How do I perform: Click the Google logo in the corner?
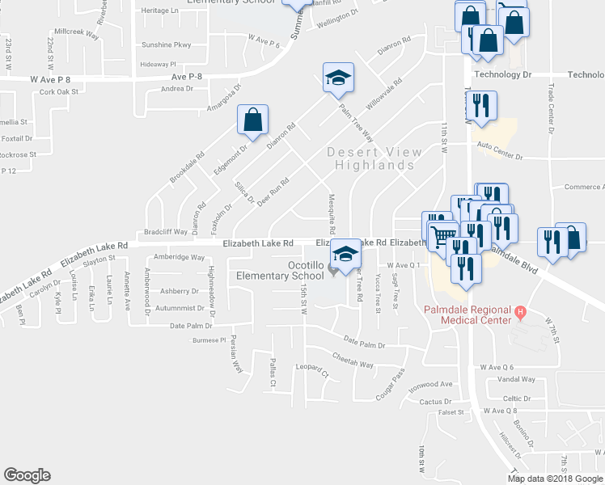click(27, 475)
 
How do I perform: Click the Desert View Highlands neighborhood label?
click(374, 158)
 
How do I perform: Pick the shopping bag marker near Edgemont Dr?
click(253, 120)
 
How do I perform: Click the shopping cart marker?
click(442, 237)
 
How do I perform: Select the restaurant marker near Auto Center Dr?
click(481, 105)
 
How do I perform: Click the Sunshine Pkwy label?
click(167, 45)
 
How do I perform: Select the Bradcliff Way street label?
click(165, 231)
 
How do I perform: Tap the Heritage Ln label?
click(160, 11)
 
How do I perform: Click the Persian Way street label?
click(236, 352)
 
